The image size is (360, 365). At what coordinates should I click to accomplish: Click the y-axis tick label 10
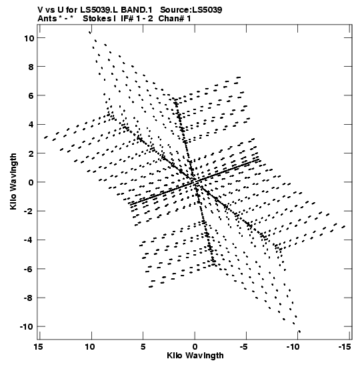(29, 38)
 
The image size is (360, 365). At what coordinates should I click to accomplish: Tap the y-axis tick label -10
(27, 327)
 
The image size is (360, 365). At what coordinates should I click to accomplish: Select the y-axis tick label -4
(29, 240)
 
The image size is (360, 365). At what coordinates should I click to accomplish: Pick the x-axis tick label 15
(39, 347)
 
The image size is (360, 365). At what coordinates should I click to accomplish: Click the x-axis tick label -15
(345, 347)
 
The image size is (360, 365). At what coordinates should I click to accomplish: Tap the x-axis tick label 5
(143, 347)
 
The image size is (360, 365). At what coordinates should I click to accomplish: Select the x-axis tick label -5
(244, 347)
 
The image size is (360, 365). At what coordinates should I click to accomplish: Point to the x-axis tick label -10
(293, 347)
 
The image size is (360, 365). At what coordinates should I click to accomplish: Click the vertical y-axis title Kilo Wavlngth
(13, 181)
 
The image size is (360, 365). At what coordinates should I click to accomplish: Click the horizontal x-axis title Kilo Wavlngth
(195, 356)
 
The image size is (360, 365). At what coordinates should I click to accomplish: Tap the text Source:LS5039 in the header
(191, 10)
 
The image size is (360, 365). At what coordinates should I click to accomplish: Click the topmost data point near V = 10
(90, 32)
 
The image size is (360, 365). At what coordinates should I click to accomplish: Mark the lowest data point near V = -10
(299, 332)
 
